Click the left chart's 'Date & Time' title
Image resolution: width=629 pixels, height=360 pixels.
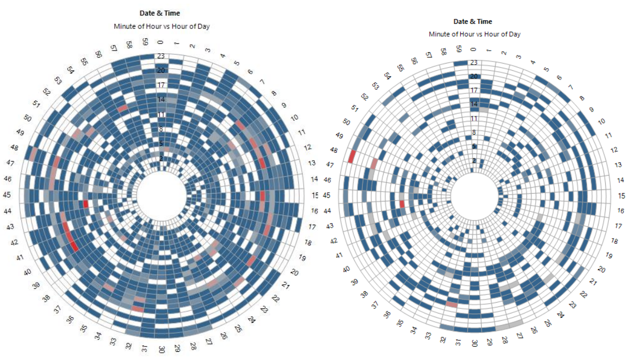[160, 13]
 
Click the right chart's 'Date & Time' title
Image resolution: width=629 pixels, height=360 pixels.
[473, 22]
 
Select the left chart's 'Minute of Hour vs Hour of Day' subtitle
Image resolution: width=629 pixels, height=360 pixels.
[161, 26]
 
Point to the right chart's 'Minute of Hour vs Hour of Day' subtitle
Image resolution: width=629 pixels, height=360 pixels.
[475, 34]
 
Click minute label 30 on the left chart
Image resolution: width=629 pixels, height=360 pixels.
[162, 349]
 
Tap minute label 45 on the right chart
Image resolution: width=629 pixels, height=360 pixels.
[326, 195]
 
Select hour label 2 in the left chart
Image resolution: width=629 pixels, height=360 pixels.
[161, 158]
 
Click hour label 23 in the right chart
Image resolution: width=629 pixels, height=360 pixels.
[473, 63]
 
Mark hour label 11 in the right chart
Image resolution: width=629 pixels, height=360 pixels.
[473, 119]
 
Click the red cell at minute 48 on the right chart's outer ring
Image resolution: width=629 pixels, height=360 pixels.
[352, 156]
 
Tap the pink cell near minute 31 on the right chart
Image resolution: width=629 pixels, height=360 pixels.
[452, 304]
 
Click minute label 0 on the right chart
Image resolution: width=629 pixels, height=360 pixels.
[474, 50]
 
